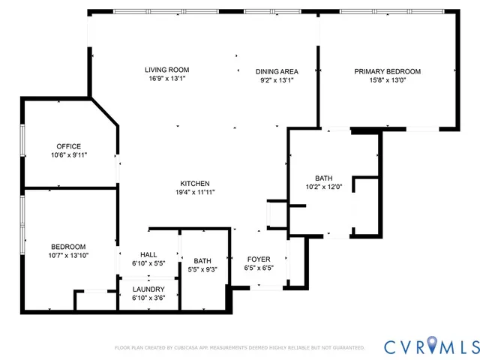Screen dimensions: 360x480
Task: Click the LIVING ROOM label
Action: coord(166,70)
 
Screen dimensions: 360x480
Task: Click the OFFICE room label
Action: coord(68,146)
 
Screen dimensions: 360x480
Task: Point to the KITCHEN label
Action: coord(194,184)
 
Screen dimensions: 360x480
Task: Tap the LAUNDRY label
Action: coord(148,289)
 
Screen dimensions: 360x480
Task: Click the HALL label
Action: coord(148,255)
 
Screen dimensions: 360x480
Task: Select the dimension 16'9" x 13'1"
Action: coord(166,79)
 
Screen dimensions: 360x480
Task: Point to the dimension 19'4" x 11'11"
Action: coord(194,192)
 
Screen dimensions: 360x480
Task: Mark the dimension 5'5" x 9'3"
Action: coord(202,269)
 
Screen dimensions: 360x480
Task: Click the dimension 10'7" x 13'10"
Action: coord(68,256)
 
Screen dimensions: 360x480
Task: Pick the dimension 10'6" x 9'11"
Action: coord(68,154)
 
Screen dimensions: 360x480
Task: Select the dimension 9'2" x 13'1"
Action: coord(277,79)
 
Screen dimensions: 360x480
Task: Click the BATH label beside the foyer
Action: coord(202,261)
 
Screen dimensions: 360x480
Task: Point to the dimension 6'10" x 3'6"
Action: coord(148,298)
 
